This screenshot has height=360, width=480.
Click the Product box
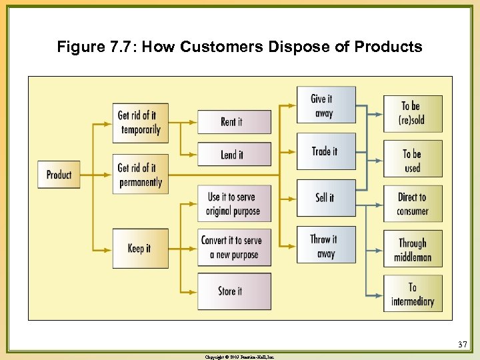coord(59,175)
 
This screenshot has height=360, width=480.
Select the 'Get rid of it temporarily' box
coord(140,123)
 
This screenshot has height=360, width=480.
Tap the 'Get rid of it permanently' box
coord(140,175)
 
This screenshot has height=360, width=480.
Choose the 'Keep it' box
coord(140,248)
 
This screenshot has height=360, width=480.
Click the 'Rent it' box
coord(234,122)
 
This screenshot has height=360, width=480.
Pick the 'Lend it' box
coord(234,155)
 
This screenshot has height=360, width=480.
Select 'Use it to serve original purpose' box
coord(234,204)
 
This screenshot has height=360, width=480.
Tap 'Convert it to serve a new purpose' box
coord(234,247)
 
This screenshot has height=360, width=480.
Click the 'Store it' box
coord(234,291)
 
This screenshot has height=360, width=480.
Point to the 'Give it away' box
coord(325,105)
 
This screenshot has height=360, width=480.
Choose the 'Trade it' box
coord(325,151)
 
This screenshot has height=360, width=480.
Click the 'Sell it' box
coord(325,198)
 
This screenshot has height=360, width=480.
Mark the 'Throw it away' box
coord(325,245)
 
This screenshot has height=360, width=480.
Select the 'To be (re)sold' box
coord(413,113)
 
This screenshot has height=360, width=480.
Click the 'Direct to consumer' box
coord(413,204)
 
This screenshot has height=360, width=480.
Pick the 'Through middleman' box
coord(413,249)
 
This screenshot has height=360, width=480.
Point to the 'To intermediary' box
coord(413,294)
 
